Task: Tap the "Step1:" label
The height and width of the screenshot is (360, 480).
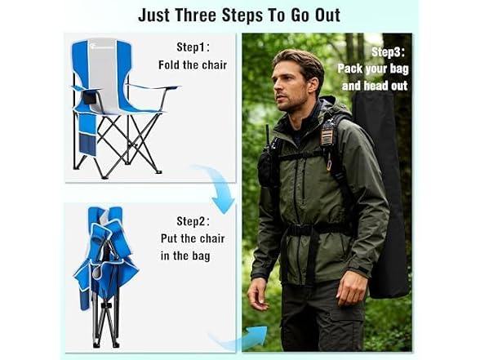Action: point(193,47)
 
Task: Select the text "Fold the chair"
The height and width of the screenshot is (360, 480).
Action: point(193,65)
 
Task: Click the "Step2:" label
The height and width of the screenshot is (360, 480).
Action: point(193,221)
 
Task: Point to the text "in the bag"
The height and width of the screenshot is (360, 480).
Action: point(185,256)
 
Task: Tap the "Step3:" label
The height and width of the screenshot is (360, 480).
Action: point(389,52)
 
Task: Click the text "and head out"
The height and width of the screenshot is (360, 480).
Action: point(375,86)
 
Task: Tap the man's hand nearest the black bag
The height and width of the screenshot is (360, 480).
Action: point(351,288)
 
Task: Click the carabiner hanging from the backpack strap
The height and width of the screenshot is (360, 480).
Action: point(330,165)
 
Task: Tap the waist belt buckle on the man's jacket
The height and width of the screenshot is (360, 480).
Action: point(293,229)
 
